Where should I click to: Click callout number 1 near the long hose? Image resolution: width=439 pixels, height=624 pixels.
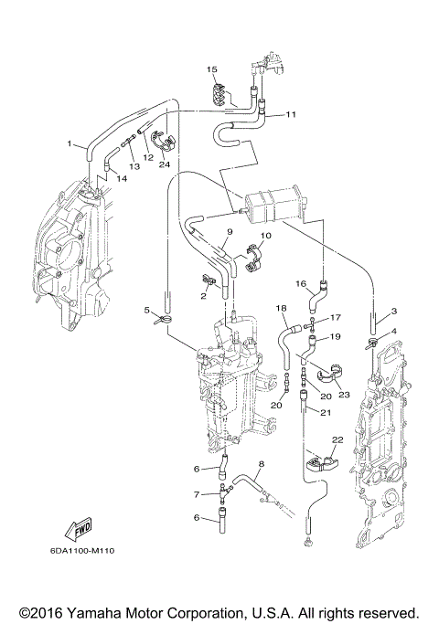69,144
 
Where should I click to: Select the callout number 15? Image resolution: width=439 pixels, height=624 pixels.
210,69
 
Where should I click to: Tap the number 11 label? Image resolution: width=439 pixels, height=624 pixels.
291,115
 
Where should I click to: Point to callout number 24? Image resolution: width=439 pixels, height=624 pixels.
165,165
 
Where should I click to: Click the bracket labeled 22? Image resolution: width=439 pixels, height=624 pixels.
320,459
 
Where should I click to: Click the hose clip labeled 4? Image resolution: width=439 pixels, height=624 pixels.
370,345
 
